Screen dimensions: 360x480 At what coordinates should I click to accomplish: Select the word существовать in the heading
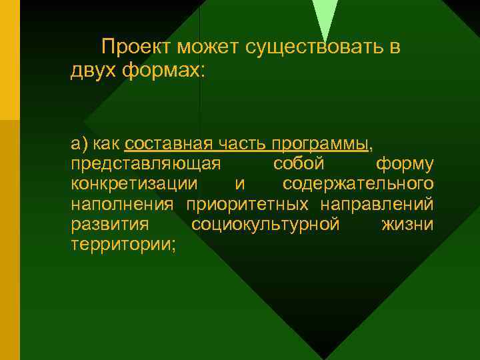316,47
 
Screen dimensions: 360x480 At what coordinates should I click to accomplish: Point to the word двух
93,70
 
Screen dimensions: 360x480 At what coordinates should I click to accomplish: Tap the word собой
299,163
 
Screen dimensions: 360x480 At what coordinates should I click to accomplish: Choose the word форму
404,164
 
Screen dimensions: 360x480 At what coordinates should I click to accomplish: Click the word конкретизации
133,183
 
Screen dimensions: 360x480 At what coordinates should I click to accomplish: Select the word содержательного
358,183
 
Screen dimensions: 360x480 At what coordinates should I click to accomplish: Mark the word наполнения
122,203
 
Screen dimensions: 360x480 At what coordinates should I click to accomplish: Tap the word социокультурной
265,223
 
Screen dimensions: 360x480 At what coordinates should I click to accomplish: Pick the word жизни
407,223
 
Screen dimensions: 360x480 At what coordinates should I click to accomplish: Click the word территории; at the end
123,244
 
